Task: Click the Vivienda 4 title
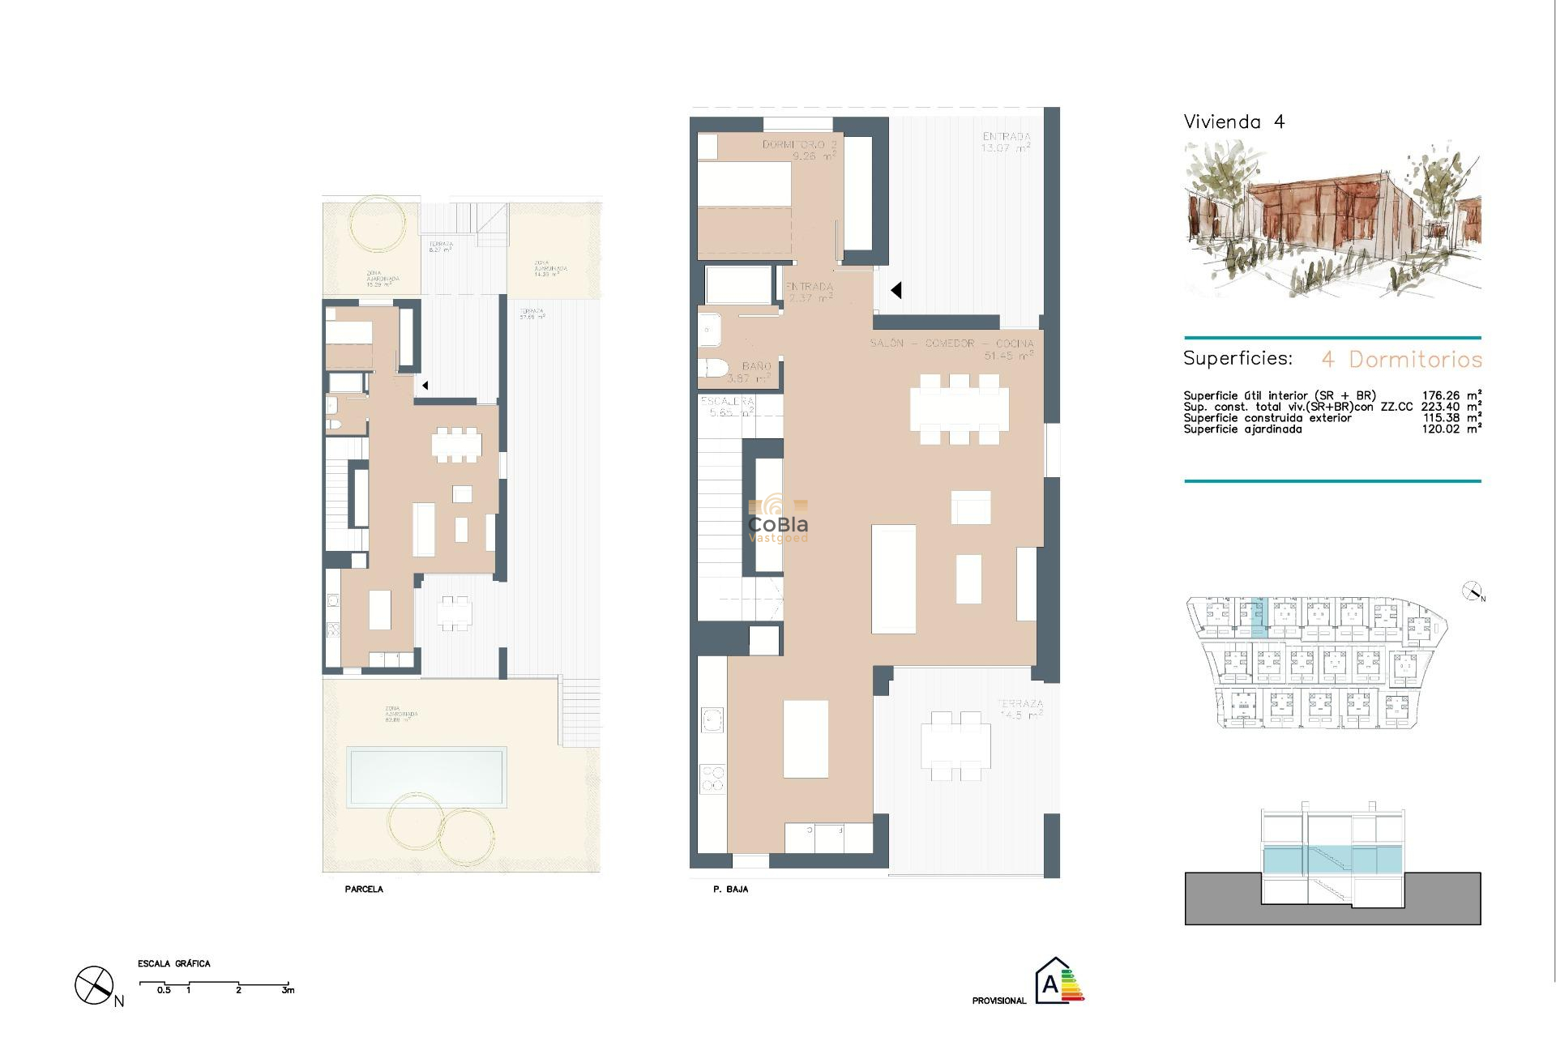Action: [x=1233, y=122]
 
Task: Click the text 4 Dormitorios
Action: [x=1402, y=360]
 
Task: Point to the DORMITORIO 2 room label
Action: [x=798, y=145]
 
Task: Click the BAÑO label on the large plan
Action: [x=756, y=367]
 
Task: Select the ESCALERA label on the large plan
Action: [x=727, y=402]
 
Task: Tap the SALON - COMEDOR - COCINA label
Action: [x=951, y=344]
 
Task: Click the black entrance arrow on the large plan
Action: [x=896, y=290]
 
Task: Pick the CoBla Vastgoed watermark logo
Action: [x=778, y=521]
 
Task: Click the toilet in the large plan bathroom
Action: [x=713, y=369]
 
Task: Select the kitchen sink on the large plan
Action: [x=713, y=719]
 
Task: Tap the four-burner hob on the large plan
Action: [x=713, y=779]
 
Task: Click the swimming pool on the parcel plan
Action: [x=426, y=776]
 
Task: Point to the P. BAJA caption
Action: [x=730, y=890]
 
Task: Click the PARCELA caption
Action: [x=364, y=890]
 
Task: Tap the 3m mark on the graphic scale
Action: [x=288, y=990]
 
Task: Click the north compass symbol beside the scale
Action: [x=96, y=986]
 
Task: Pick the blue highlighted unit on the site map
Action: [x=1258, y=617]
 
